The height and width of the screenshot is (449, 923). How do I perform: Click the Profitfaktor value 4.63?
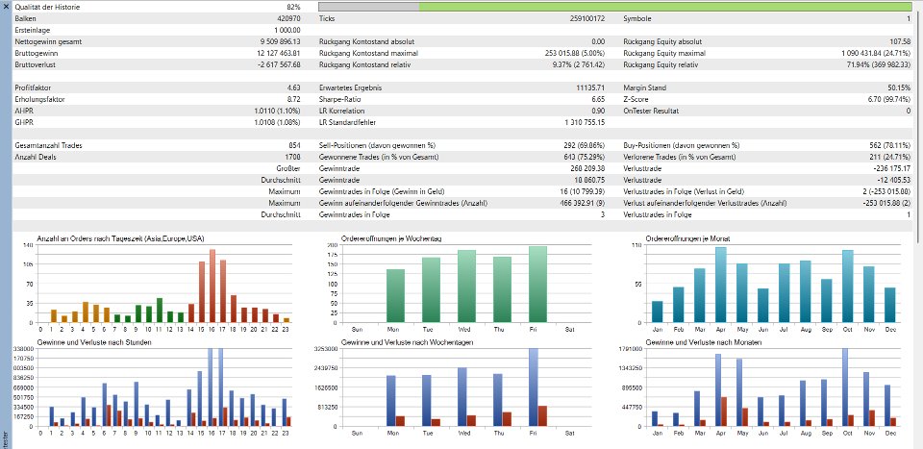[x=293, y=87]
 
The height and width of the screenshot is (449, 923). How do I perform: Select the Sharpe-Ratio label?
[x=339, y=98]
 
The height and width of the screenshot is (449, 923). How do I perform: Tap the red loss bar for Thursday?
[x=507, y=418]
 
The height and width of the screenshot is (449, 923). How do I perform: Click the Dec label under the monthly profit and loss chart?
[x=890, y=434]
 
